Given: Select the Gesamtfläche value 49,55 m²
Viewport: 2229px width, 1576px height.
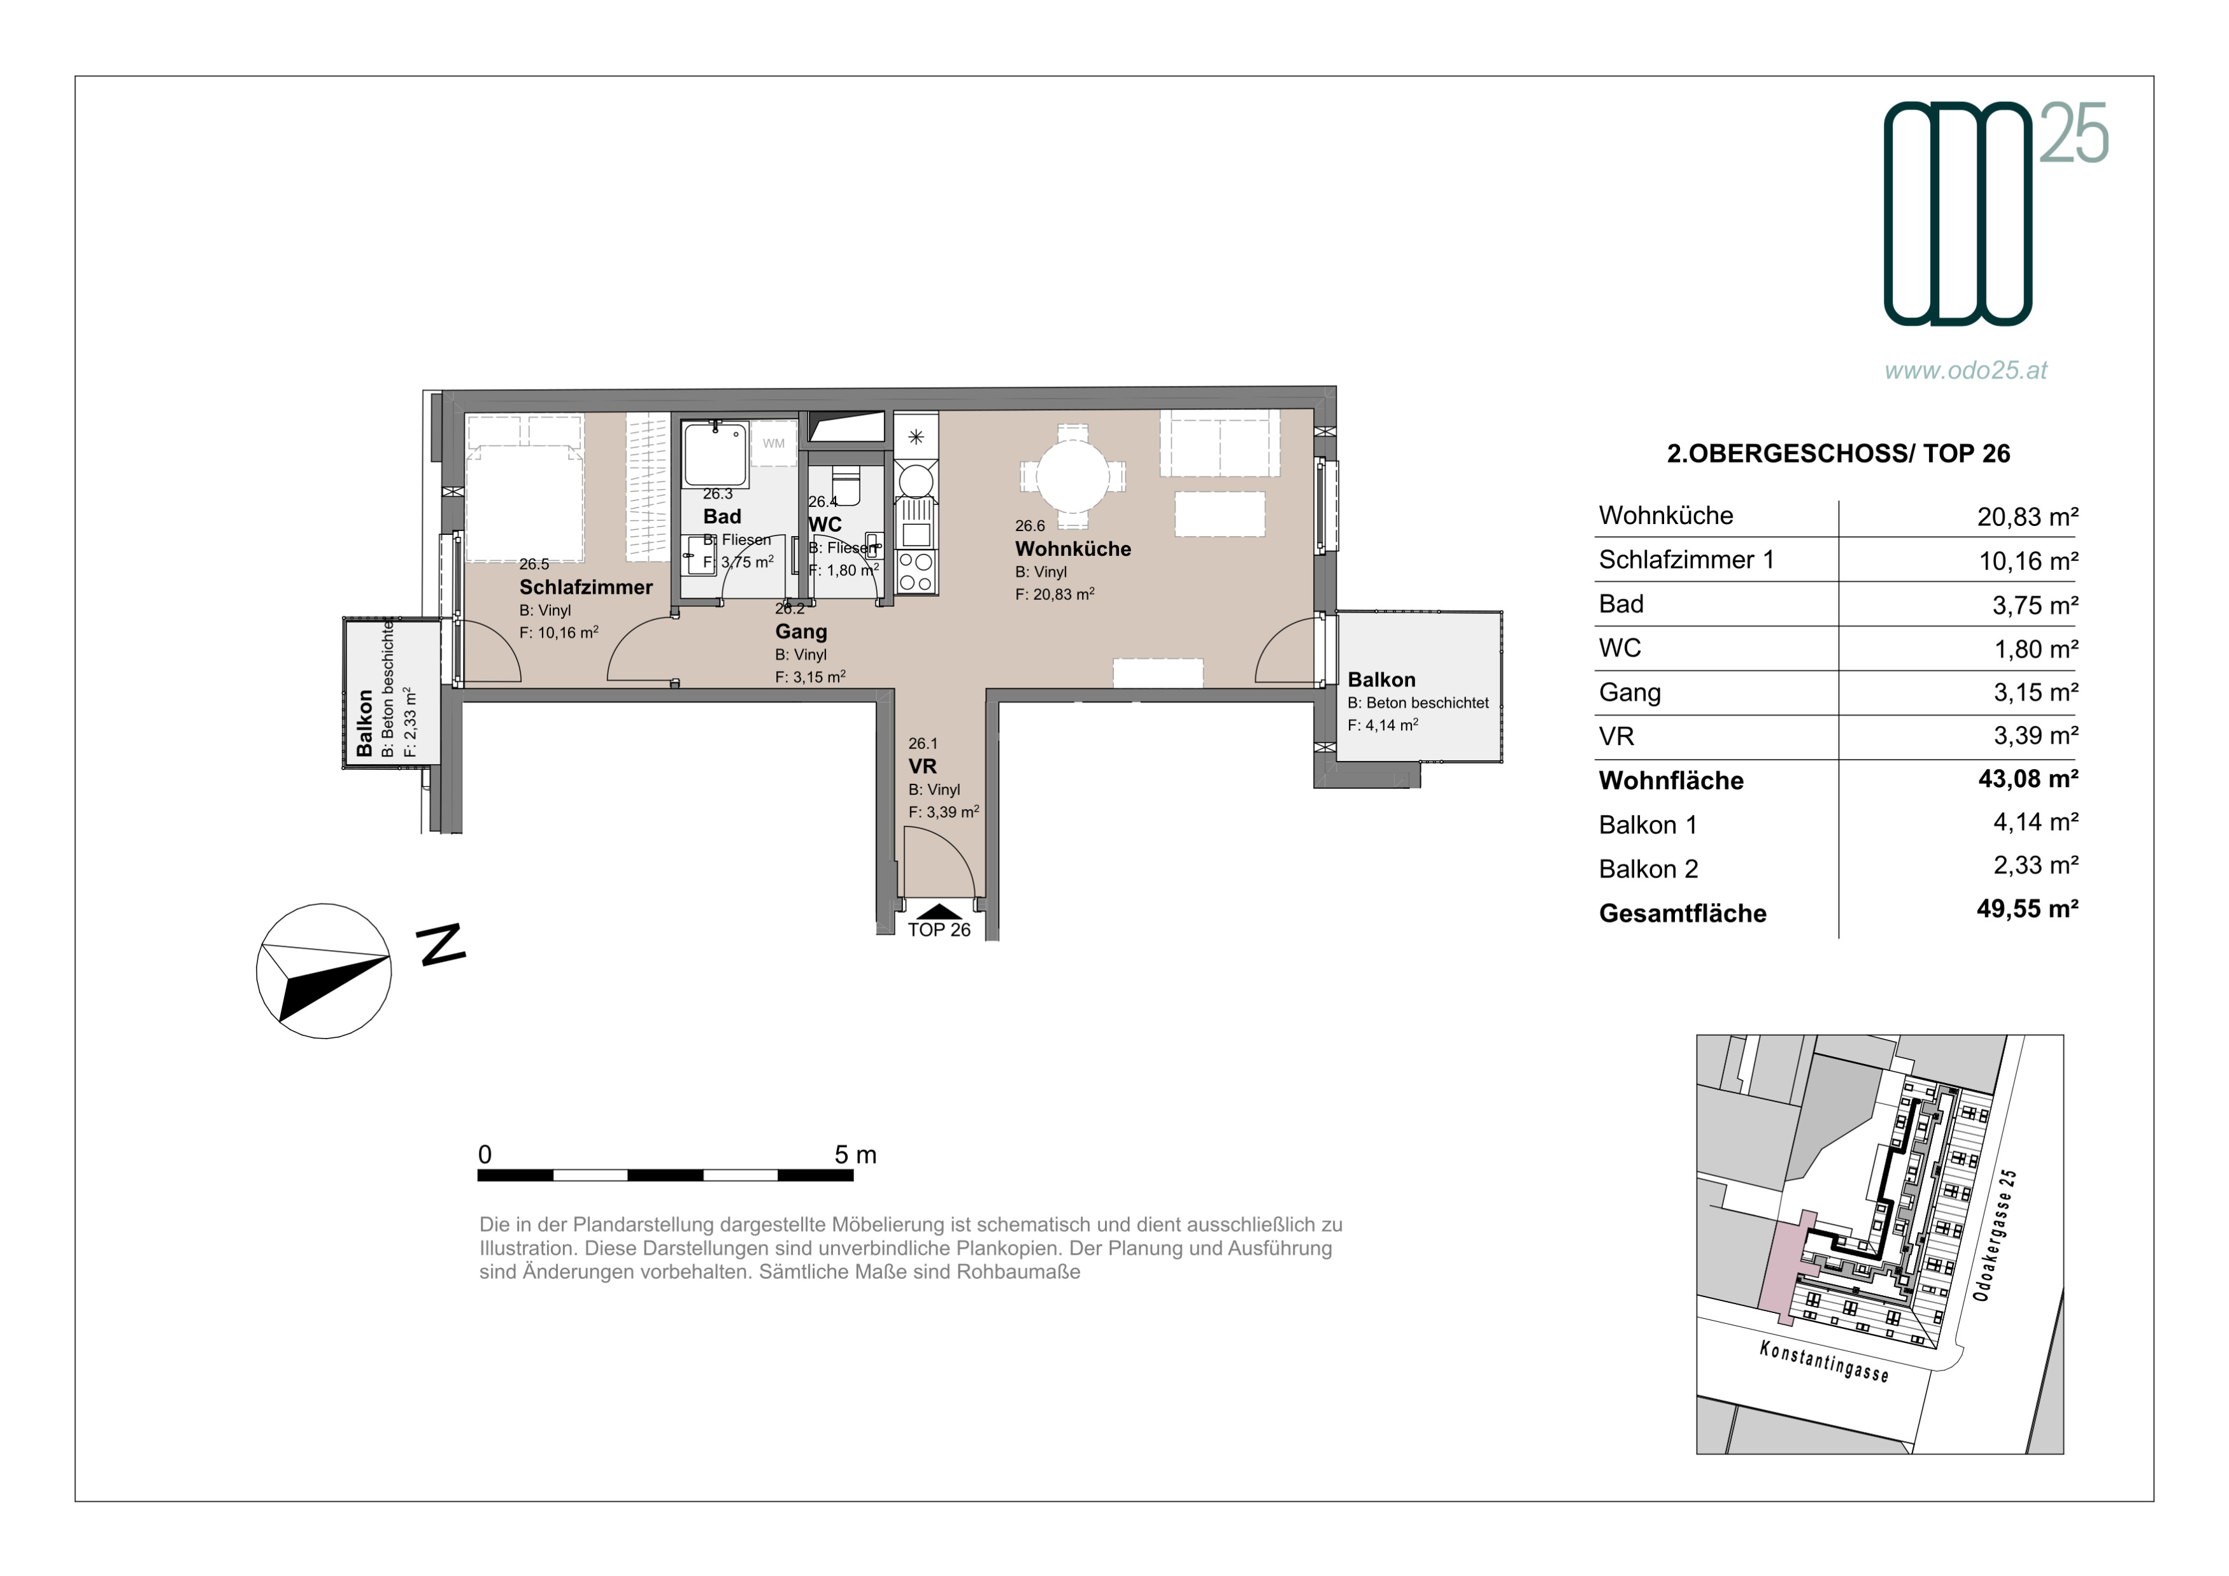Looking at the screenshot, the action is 2028,909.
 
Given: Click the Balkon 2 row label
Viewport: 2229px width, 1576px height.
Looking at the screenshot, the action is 1648,870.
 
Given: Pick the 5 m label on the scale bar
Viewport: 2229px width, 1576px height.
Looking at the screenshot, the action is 855,1155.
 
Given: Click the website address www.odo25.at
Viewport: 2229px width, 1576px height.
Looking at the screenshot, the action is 1966,370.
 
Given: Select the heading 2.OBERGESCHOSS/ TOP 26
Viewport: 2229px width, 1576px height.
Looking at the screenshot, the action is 1838,453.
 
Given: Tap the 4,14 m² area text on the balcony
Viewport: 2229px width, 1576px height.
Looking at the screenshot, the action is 1383,725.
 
